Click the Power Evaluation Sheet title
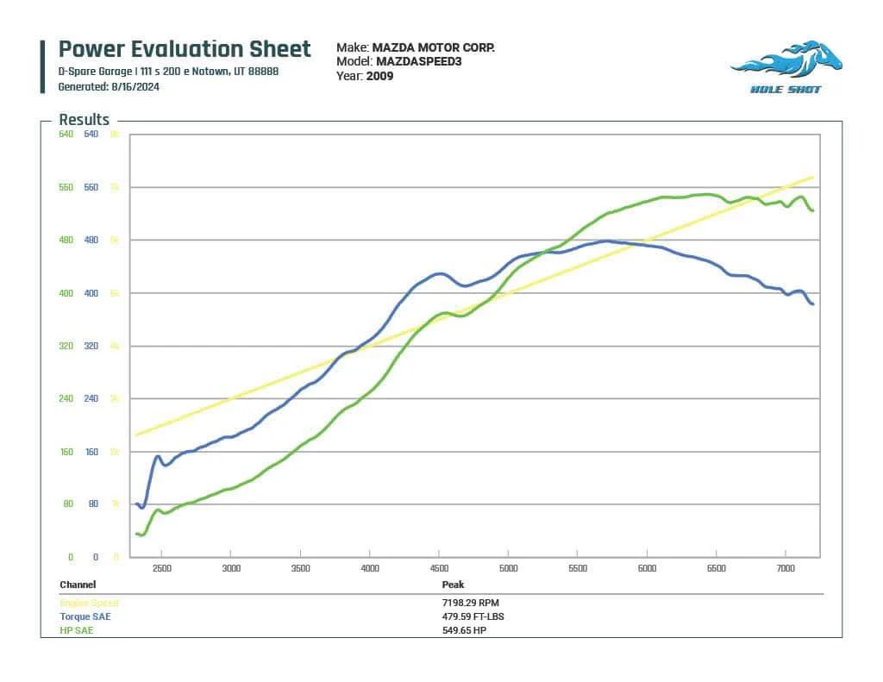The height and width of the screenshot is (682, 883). pyautogui.click(x=184, y=48)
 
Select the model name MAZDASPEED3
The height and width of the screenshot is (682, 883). pyautogui.click(x=419, y=62)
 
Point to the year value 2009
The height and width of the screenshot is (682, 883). pyautogui.click(x=379, y=76)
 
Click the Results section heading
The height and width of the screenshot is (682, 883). pyautogui.click(x=84, y=120)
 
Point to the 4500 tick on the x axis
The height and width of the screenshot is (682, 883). pyautogui.click(x=438, y=568)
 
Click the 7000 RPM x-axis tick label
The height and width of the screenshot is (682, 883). pyautogui.click(x=786, y=568)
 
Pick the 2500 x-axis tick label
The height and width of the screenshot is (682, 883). pyautogui.click(x=161, y=568)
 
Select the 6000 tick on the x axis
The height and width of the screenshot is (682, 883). pyautogui.click(x=647, y=568)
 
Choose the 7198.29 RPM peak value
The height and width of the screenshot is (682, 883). pyautogui.click(x=470, y=604)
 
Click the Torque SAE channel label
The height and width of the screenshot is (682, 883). pyautogui.click(x=85, y=616)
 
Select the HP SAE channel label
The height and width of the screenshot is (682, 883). pyautogui.click(x=77, y=630)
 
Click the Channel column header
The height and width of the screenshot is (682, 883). pyautogui.click(x=78, y=585)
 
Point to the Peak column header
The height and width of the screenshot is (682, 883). pyautogui.click(x=454, y=585)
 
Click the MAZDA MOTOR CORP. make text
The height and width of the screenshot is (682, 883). pyautogui.click(x=433, y=48)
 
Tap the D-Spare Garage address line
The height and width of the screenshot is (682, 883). pyautogui.click(x=168, y=72)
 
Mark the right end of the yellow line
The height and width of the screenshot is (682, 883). pyautogui.click(x=813, y=178)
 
